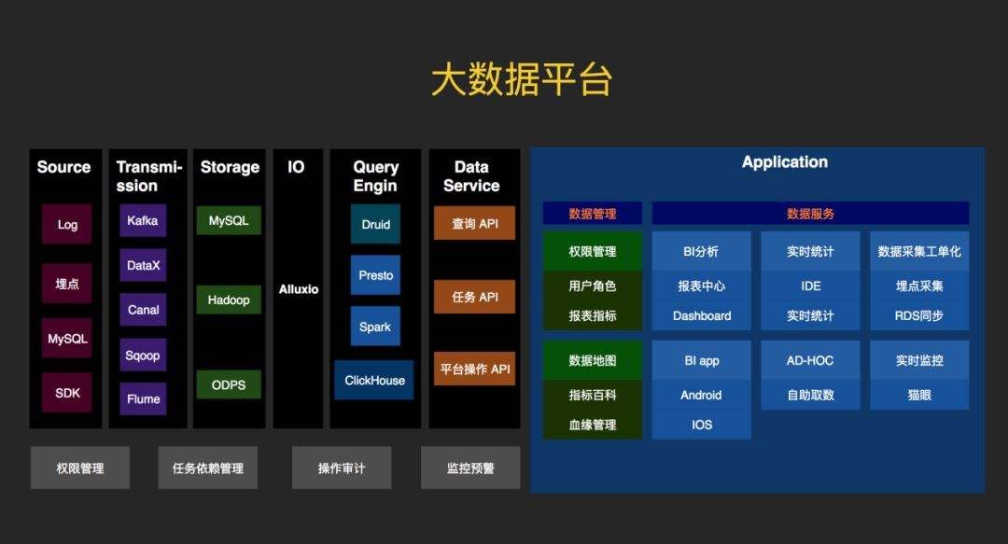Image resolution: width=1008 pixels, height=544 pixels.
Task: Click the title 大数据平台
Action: (521, 81)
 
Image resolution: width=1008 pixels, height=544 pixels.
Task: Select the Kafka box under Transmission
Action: (143, 221)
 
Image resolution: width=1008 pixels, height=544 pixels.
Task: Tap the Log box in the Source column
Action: (67, 224)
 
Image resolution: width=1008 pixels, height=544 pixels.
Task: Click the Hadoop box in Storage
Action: (229, 300)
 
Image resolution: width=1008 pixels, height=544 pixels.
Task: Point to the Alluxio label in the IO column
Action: (298, 289)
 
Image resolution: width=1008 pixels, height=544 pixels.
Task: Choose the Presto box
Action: (375, 275)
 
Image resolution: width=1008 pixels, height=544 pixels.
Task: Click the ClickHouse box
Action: (374, 380)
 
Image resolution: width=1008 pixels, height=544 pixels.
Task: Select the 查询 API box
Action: (474, 223)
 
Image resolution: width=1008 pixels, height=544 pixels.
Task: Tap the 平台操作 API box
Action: (474, 369)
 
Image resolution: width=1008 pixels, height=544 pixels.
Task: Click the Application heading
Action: (784, 162)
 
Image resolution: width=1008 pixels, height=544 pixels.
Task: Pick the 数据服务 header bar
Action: (810, 214)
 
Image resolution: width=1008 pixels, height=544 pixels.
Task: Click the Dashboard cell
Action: (702, 315)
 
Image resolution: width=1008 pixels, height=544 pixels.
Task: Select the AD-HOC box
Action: (810, 360)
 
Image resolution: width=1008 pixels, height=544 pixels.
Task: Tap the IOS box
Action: (702, 425)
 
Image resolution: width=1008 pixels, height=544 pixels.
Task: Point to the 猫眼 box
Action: (919, 395)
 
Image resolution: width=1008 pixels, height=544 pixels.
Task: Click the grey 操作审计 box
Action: (341, 467)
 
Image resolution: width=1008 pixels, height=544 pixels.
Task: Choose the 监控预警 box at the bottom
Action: (470, 467)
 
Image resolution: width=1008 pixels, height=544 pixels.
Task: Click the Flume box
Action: (143, 398)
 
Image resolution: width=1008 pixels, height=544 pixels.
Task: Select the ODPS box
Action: (229, 384)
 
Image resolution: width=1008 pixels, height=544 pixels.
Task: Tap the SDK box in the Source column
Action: (67, 393)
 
